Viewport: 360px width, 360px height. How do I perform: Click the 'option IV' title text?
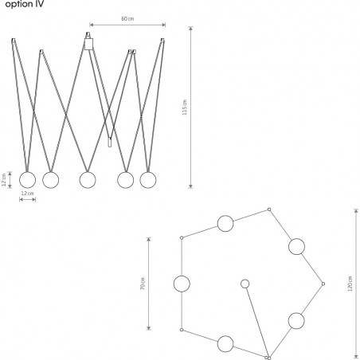pyautogui.click(x=25, y=4)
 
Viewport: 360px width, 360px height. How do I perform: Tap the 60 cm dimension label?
pyautogui.click(x=127, y=19)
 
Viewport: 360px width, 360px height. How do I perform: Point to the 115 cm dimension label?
pyautogui.click(x=185, y=108)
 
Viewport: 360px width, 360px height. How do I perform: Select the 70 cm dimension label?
pyautogui.click(x=143, y=284)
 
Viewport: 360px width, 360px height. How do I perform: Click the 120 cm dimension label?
pyautogui.click(x=350, y=284)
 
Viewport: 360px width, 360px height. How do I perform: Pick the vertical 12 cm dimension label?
pyautogui.click(x=4, y=180)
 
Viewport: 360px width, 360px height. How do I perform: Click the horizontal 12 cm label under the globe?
pyautogui.click(x=27, y=194)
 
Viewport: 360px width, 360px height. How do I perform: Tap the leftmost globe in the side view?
pyautogui.click(x=27, y=180)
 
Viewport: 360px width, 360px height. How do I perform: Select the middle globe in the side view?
pyautogui.click(x=88, y=180)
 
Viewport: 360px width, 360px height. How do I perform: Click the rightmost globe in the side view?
pyautogui.click(x=148, y=180)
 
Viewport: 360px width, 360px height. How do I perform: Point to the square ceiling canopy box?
pyautogui.click(x=88, y=44)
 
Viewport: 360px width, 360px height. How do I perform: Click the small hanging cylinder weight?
pyautogui.click(x=109, y=142)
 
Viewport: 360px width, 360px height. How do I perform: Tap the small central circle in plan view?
pyautogui.click(x=245, y=284)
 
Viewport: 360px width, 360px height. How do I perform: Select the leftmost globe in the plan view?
pyautogui.click(x=182, y=284)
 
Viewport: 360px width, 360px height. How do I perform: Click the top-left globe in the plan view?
pyautogui.click(x=225, y=223)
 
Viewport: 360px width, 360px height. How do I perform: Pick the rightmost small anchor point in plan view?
pyautogui.click(x=323, y=284)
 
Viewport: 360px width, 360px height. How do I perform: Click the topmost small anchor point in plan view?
pyautogui.click(x=269, y=209)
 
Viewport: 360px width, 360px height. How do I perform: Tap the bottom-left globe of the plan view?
pyautogui.click(x=225, y=344)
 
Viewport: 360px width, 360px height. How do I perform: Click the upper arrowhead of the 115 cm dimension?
pyautogui.click(x=190, y=28)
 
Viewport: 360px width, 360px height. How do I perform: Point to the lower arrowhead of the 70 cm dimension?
pyautogui.click(x=149, y=328)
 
